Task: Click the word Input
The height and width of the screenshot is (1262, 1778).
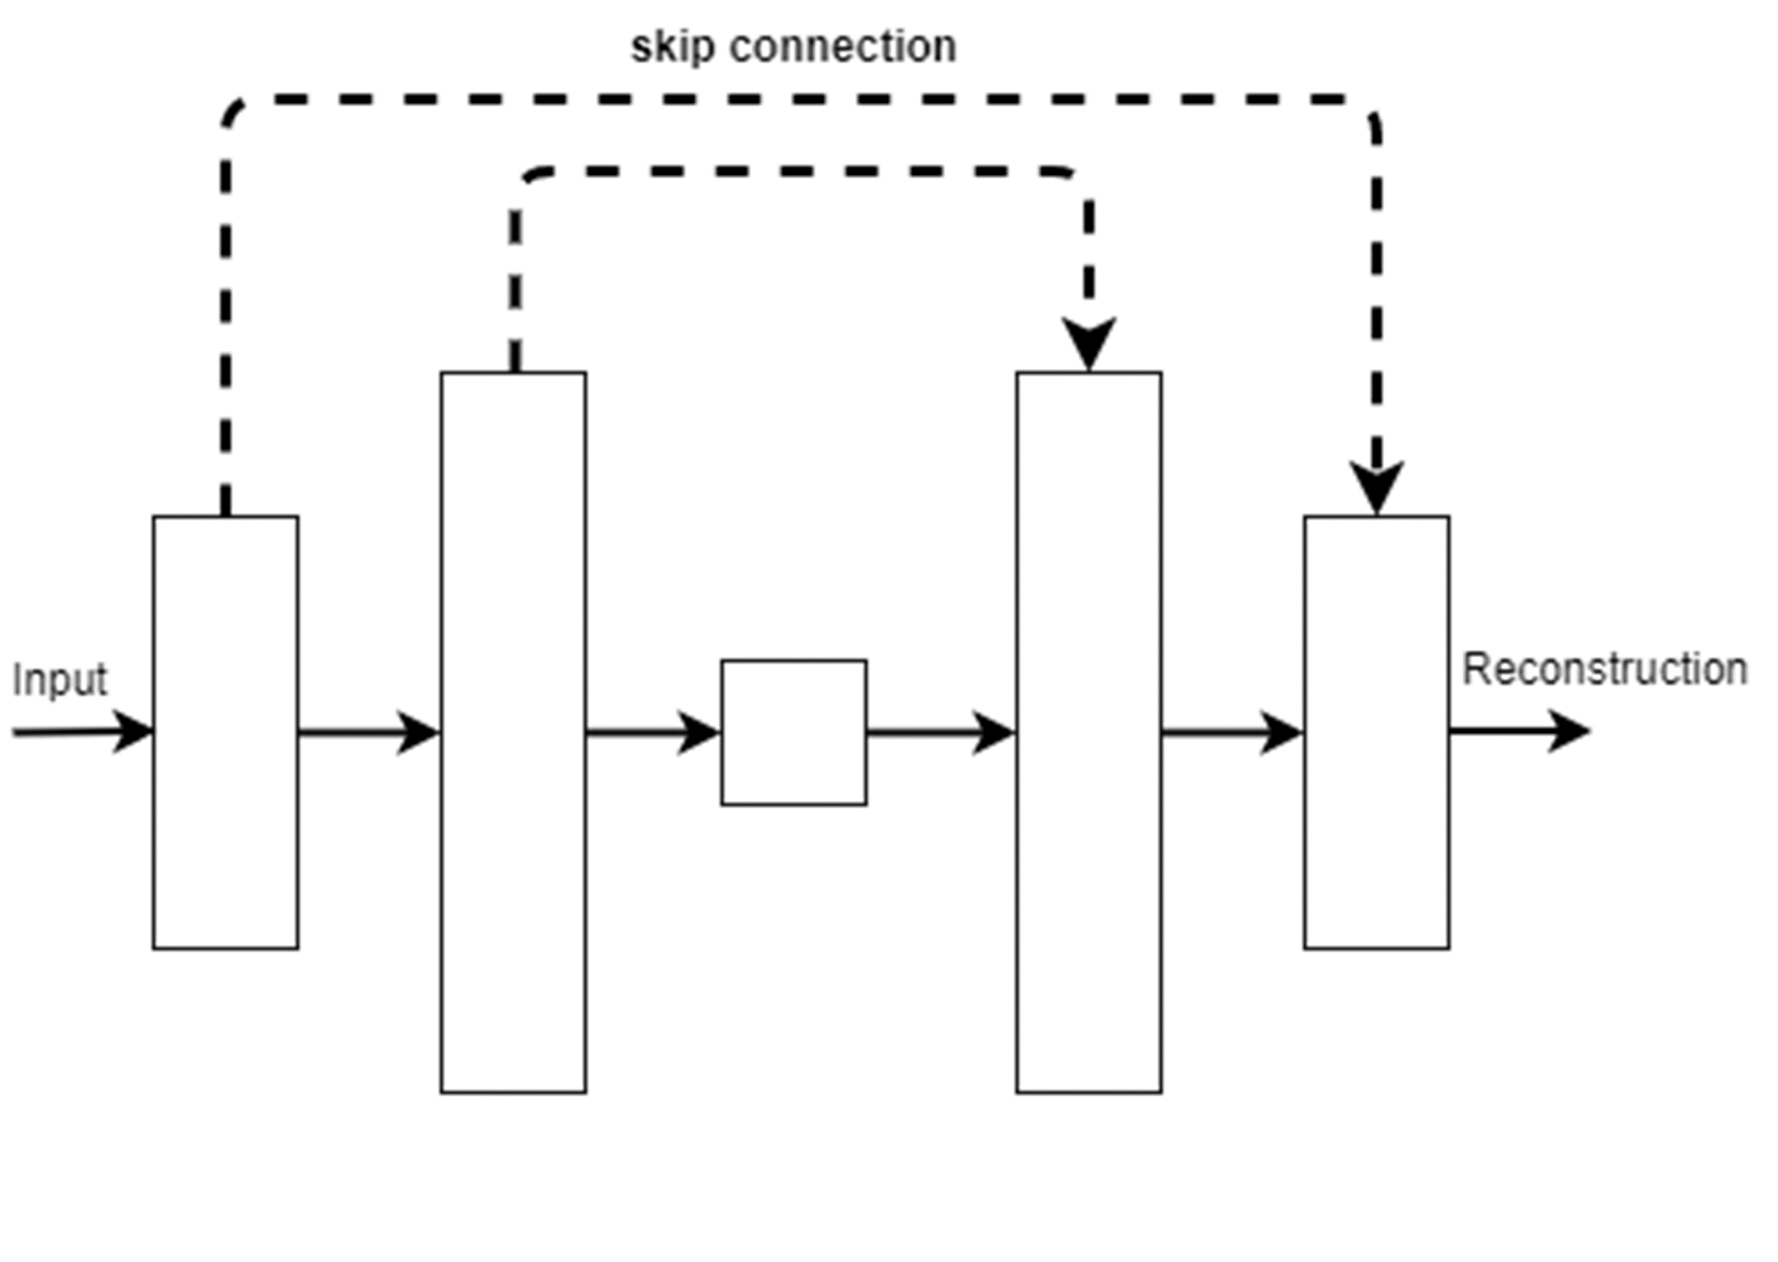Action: click(60, 680)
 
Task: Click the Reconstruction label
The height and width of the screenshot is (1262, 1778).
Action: click(1605, 669)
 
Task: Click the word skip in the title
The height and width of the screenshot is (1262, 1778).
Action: click(672, 48)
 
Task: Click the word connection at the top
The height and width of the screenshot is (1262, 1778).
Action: click(843, 48)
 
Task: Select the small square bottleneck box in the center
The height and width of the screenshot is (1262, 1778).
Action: click(794, 732)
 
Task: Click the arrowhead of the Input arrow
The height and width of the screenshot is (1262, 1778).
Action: click(133, 731)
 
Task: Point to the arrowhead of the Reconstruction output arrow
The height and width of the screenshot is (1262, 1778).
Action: click(1569, 731)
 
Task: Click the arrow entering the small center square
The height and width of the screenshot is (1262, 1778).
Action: click(653, 732)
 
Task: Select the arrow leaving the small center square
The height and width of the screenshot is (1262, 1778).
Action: click(940, 732)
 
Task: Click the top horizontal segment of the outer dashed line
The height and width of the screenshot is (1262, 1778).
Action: click(800, 100)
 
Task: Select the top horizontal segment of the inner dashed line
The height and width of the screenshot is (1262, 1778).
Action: click(800, 171)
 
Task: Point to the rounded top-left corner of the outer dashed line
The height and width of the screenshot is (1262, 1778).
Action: click(232, 111)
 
